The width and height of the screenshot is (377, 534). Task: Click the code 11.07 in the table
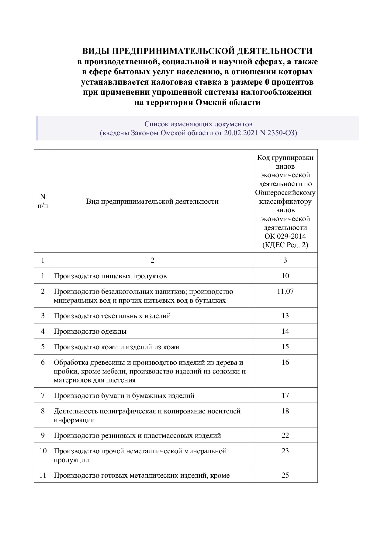[285, 291]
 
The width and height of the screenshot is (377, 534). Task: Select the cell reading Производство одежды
[90, 331]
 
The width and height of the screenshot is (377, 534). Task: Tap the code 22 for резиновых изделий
[285, 435]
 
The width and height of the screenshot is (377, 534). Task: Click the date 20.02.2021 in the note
[241, 133]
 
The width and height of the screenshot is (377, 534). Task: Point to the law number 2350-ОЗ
[281, 133]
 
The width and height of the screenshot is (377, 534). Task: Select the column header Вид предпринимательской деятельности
[152, 201]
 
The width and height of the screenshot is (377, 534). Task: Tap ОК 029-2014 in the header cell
[285, 236]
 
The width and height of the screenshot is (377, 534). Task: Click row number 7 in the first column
[43, 395]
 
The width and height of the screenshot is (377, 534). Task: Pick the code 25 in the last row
[285, 475]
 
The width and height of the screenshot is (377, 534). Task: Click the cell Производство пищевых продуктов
[110, 276]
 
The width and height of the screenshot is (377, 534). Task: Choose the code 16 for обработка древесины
[285, 362]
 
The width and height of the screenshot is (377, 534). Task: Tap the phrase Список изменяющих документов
[198, 124]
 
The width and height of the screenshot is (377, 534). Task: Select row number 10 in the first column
[43, 451]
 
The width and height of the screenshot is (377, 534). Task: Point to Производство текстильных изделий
[112, 316]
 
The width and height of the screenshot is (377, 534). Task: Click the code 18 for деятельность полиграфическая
[285, 411]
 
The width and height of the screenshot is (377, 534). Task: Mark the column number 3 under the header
[285, 260]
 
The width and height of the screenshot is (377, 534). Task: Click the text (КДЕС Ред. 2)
[285, 245]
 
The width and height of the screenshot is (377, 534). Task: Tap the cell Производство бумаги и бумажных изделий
[124, 395]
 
